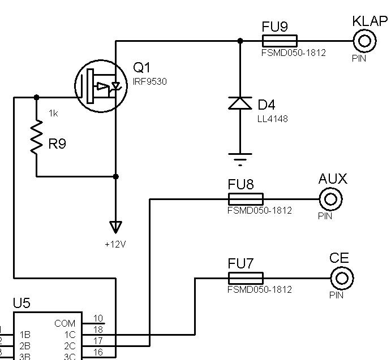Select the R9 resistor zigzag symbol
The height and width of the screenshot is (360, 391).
tap(36, 137)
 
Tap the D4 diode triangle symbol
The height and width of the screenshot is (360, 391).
tap(240, 103)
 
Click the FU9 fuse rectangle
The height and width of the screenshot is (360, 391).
tap(280, 41)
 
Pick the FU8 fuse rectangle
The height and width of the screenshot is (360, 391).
tap(246, 199)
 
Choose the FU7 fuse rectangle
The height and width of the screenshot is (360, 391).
tap(246, 278)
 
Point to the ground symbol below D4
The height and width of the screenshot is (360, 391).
tap(240, 159)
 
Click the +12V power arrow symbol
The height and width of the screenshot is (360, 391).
tap(115, 227)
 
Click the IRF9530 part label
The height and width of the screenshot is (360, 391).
tap(150, 82)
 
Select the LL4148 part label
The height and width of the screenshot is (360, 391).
tap(273, 119)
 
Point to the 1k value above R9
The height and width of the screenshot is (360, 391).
tap(53, 114)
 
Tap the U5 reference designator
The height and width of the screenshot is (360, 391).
tap(22, 303)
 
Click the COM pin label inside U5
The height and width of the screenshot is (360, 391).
tap(65, 323)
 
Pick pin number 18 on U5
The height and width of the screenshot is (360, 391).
tap(98, 329)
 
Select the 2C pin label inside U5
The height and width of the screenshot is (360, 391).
tap(70, 346)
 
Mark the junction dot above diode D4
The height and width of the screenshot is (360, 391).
tap(240, 41)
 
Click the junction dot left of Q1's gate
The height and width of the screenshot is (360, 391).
tap(36, 97)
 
